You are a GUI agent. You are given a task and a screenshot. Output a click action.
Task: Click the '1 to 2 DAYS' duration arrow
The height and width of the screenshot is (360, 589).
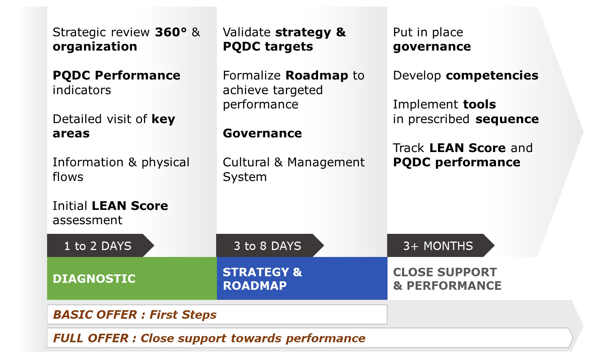[x=100, y=245]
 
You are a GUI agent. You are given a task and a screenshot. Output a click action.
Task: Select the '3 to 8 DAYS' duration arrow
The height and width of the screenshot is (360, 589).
[x=269, y=245]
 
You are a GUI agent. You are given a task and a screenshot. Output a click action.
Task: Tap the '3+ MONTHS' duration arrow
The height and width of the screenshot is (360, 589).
[x=440, y=245]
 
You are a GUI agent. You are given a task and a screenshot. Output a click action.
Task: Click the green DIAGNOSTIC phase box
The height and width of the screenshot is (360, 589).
[x=132, y=278]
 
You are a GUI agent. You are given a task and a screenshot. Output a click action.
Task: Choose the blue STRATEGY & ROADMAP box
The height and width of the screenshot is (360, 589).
[x=302, y=278]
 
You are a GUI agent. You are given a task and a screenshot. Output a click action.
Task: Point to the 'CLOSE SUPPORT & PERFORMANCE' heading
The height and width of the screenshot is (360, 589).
[x=447, y=279]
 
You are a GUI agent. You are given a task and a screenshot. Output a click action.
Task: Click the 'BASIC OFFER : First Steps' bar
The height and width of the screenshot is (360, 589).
[x=217, y=314]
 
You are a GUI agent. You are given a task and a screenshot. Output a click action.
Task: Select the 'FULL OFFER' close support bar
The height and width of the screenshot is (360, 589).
[x=310, y=338]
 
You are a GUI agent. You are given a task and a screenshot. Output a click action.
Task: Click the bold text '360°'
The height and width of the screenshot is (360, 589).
[x=171, y=32]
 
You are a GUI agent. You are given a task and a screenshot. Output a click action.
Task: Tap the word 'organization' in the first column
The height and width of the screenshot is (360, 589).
[x=95, y=47]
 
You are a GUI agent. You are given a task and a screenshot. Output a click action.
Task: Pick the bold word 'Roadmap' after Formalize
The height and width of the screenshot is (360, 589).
[x=317, y=76]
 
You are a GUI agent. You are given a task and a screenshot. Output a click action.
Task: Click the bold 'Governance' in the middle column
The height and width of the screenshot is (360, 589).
[x=262, y=133]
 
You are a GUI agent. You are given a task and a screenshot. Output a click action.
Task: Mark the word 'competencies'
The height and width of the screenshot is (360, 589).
[x=492, y=76]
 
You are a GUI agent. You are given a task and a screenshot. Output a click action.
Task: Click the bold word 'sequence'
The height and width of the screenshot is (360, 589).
[x=507, y=120]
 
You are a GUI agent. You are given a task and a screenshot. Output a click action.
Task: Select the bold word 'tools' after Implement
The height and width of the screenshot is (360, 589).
[x=480, y=105]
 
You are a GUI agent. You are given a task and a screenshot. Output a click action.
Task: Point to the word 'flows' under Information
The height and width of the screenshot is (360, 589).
[x=68, y=177]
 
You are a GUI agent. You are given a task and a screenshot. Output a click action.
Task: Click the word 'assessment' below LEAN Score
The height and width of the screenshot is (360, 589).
[x=88, y=220]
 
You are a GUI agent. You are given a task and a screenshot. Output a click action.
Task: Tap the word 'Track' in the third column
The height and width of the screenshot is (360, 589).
[x=408, y=148]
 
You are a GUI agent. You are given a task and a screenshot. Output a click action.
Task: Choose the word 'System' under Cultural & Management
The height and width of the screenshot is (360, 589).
[x=245, y=177]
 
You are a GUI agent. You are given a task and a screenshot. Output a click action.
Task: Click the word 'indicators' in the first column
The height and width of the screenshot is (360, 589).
[x=82, y=90]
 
